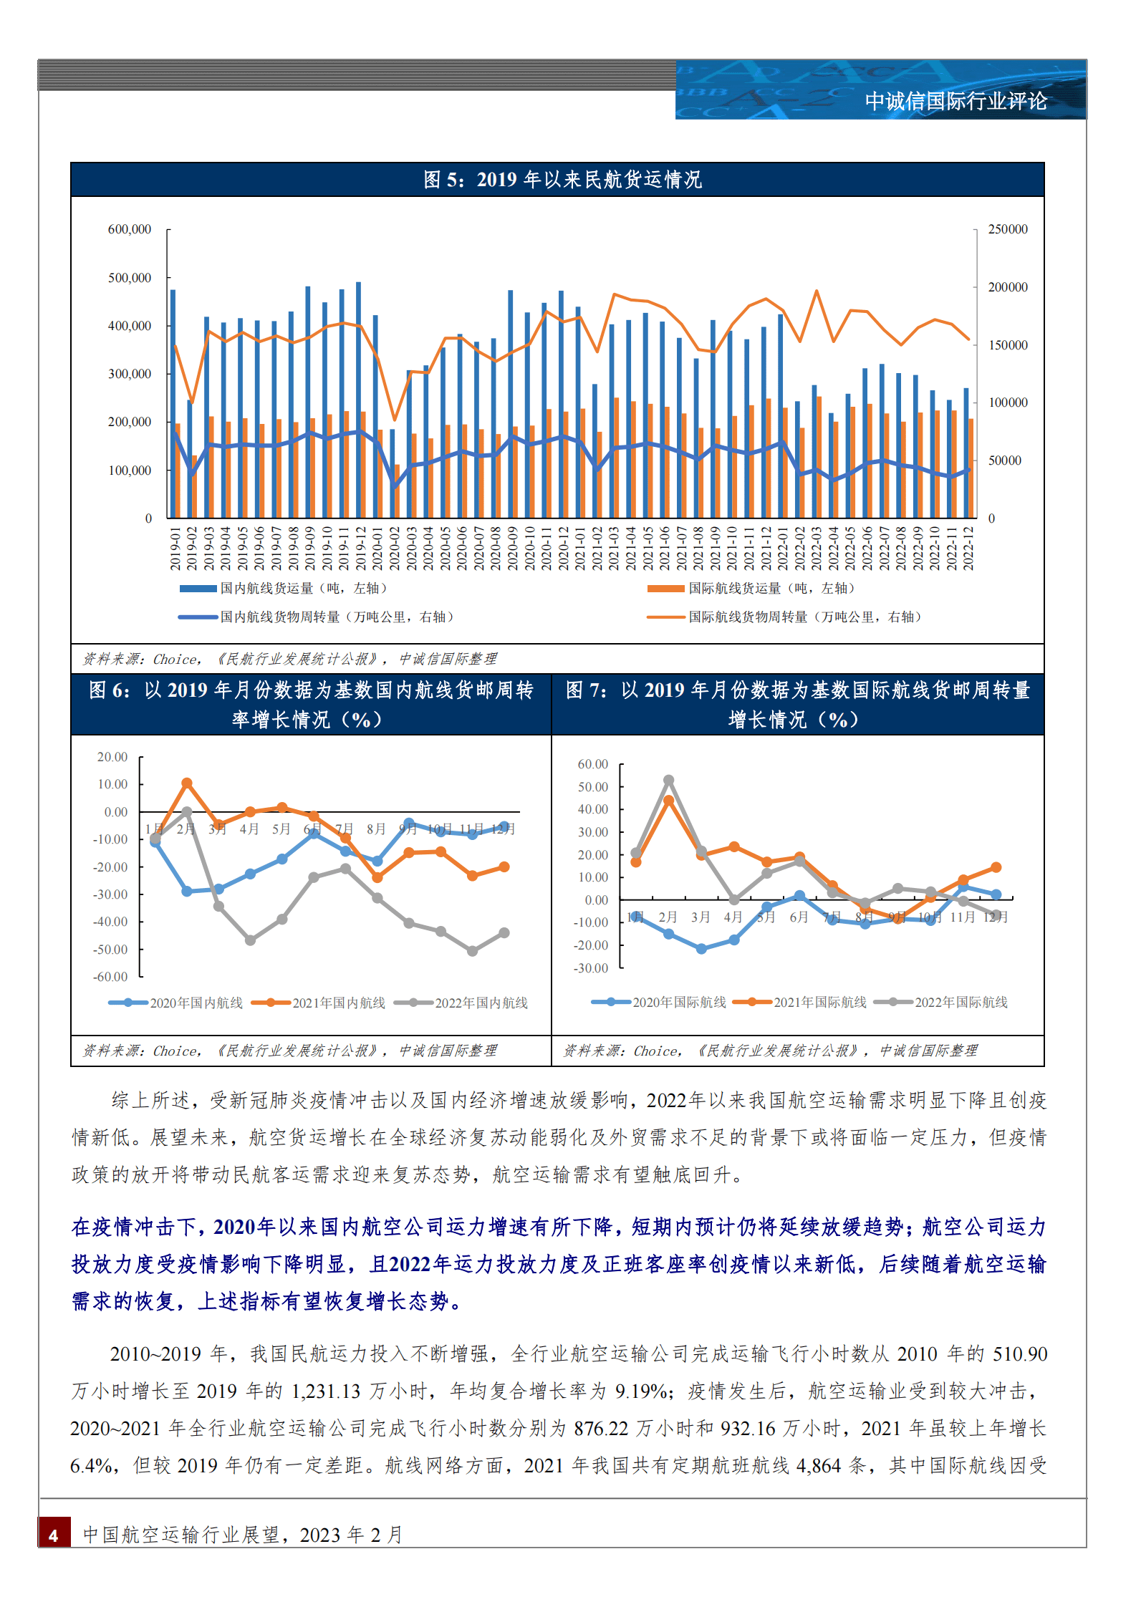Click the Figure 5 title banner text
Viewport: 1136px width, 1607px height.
pos(562,180)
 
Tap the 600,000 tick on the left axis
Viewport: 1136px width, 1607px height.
pos(130,229)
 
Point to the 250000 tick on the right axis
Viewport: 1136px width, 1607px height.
pos(1007,229)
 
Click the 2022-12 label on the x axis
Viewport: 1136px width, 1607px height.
pos(968,549)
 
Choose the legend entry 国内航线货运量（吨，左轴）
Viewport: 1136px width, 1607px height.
pos(303,589)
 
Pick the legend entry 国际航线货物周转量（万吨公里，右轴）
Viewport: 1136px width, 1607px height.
pos(805,617)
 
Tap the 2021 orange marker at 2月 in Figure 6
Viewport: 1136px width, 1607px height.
pos(187,783)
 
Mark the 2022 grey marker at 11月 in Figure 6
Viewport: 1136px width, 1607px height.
pos(472,951)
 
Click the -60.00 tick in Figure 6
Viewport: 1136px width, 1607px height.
pos(110,977)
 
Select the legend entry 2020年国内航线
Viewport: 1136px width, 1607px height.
pos(196,1003)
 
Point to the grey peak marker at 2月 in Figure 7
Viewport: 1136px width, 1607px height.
pos(668,780)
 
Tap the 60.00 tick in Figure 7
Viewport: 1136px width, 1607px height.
pos(592,764)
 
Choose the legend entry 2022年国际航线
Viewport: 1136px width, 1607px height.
pos(961,1003)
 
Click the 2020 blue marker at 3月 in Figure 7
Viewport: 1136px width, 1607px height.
pos(701,949)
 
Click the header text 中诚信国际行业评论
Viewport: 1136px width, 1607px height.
pos(956,102)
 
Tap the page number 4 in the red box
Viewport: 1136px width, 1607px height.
pos(54,1535)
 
